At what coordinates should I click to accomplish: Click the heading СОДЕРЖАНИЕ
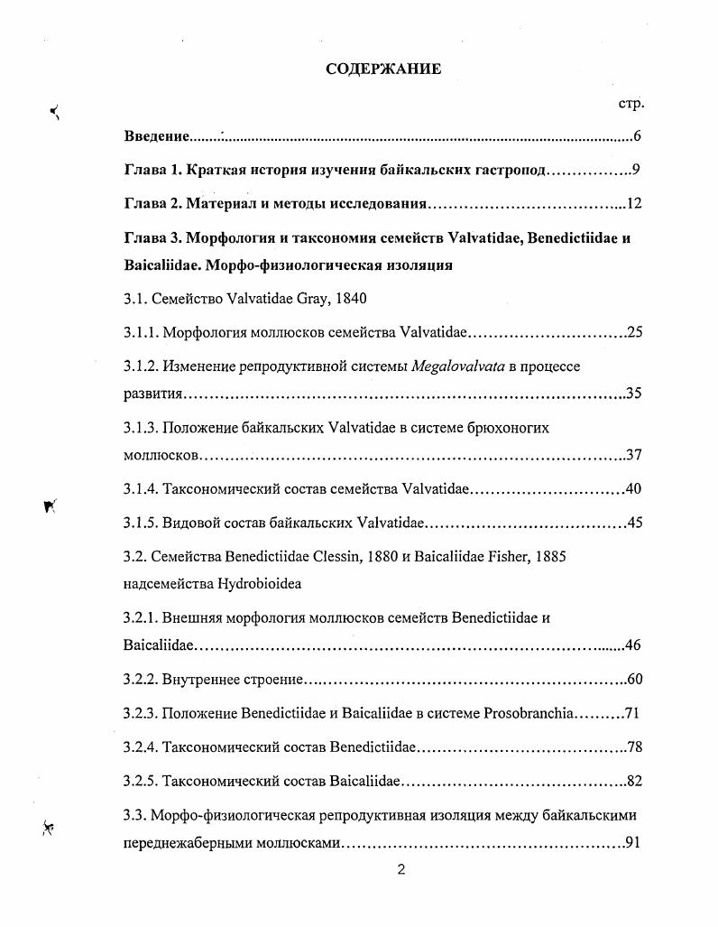(383, 70)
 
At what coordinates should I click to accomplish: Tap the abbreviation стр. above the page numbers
(631, 104)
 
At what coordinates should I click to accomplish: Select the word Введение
(156, 136)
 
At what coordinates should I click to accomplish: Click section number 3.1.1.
(141, 332)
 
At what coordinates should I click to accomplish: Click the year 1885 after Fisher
(548, 557)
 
